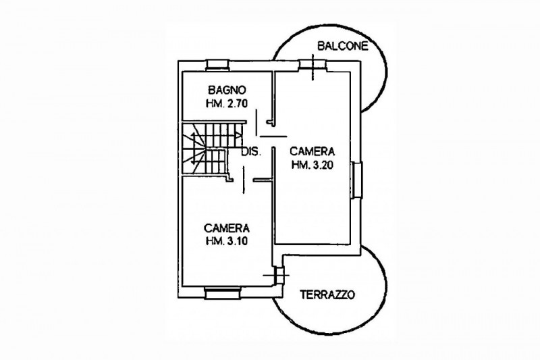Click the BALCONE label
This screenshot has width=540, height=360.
click(343, 46)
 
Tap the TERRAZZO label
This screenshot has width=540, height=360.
click(327, 295)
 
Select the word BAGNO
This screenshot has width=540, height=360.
click(227, 91)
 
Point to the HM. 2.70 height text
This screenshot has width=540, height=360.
click(227, 103)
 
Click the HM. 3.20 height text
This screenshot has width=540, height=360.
click(313, 165)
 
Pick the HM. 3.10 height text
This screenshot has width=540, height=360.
click(227, 241)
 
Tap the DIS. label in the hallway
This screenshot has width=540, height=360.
click(251, 151)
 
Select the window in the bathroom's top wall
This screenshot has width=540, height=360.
click(217, 65)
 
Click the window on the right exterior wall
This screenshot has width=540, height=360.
click(357, 180)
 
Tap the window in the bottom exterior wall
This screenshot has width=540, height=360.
click(222, 293)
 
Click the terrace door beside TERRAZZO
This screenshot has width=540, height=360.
click(277, 276)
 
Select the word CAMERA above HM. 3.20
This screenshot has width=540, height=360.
click(313, 151)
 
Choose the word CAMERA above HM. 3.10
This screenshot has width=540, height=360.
click(227, 228)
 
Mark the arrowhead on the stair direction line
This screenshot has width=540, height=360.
click(238, 135)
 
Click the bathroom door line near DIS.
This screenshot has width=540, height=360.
click(256, 122)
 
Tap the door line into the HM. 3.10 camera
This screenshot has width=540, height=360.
click(244, 180)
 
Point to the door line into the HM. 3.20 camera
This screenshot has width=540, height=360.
click(273, 136)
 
